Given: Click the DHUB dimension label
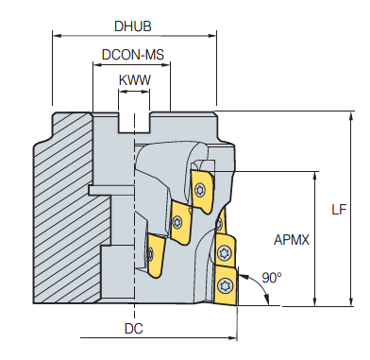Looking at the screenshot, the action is [x=133, y=26].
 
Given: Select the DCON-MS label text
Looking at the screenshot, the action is [x=133, y=55].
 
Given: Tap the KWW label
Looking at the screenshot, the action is [x=135, y=80].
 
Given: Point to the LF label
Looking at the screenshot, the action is [x=339, y=210].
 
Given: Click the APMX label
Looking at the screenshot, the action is [x=292, y=240].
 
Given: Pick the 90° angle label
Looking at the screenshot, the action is [x=272, y=278].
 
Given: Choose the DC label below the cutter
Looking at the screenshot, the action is [x=134, y=329].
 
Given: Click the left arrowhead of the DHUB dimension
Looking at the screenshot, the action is [x=57, y=35].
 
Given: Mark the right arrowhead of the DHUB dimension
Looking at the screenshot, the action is [x=212, y=35].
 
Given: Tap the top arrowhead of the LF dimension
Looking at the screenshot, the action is [x=351, y=115].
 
